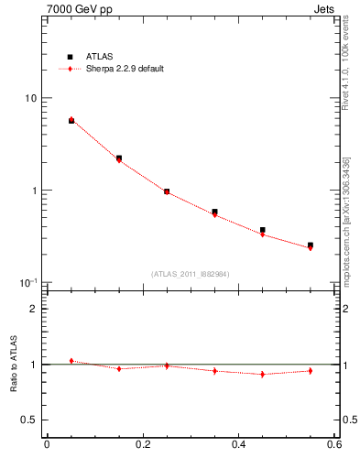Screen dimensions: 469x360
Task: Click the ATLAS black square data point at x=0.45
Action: point(263,230)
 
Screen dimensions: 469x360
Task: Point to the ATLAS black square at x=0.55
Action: point(311,245)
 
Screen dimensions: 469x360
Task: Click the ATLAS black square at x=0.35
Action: point(214,212)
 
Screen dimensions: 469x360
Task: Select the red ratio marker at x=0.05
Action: point(71,361)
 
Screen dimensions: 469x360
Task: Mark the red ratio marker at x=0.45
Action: point(263,374)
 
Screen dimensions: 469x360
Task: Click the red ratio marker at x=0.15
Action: point(119,368)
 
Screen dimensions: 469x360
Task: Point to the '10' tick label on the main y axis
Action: point(29,99)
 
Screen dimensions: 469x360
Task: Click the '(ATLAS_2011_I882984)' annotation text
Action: point(191,273)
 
